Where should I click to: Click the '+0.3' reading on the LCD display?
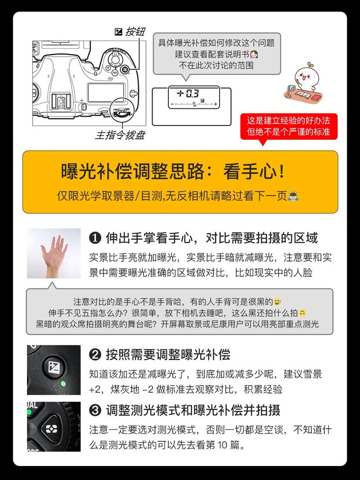click(x=188, y=94)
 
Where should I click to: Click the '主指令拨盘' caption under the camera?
click(x=120, y=135)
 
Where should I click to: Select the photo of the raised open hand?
click(x=54, y=253)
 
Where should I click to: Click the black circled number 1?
click(x=95, y=238)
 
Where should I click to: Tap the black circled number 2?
click(x=95, y=355)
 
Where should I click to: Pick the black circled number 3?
click(x=95, y=410)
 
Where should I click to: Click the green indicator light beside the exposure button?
click(x=63, y=384)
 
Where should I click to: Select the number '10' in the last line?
click(x=218, y=446)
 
